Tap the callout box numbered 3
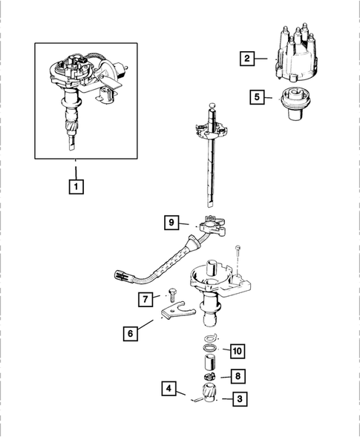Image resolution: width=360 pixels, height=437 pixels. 238,399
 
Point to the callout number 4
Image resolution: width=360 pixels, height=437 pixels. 170,388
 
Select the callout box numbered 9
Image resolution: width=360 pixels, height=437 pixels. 171,221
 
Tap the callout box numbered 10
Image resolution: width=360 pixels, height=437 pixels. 237,350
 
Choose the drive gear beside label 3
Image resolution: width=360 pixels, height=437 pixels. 209,394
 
